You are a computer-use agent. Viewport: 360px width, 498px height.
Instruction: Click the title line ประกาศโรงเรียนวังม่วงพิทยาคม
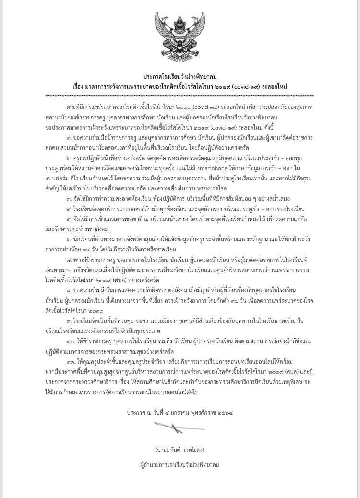click(180, 77)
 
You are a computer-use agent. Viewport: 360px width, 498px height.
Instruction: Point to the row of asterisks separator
click(180, 96)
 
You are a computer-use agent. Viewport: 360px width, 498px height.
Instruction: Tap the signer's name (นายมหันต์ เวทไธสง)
click(180, 451)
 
